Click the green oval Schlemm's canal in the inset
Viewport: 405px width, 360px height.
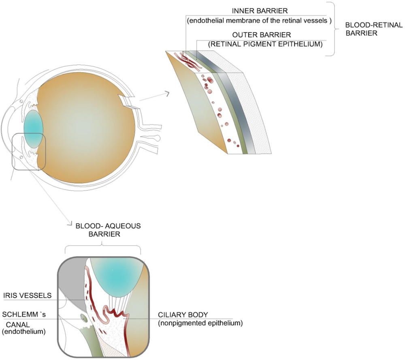point(84,318)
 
